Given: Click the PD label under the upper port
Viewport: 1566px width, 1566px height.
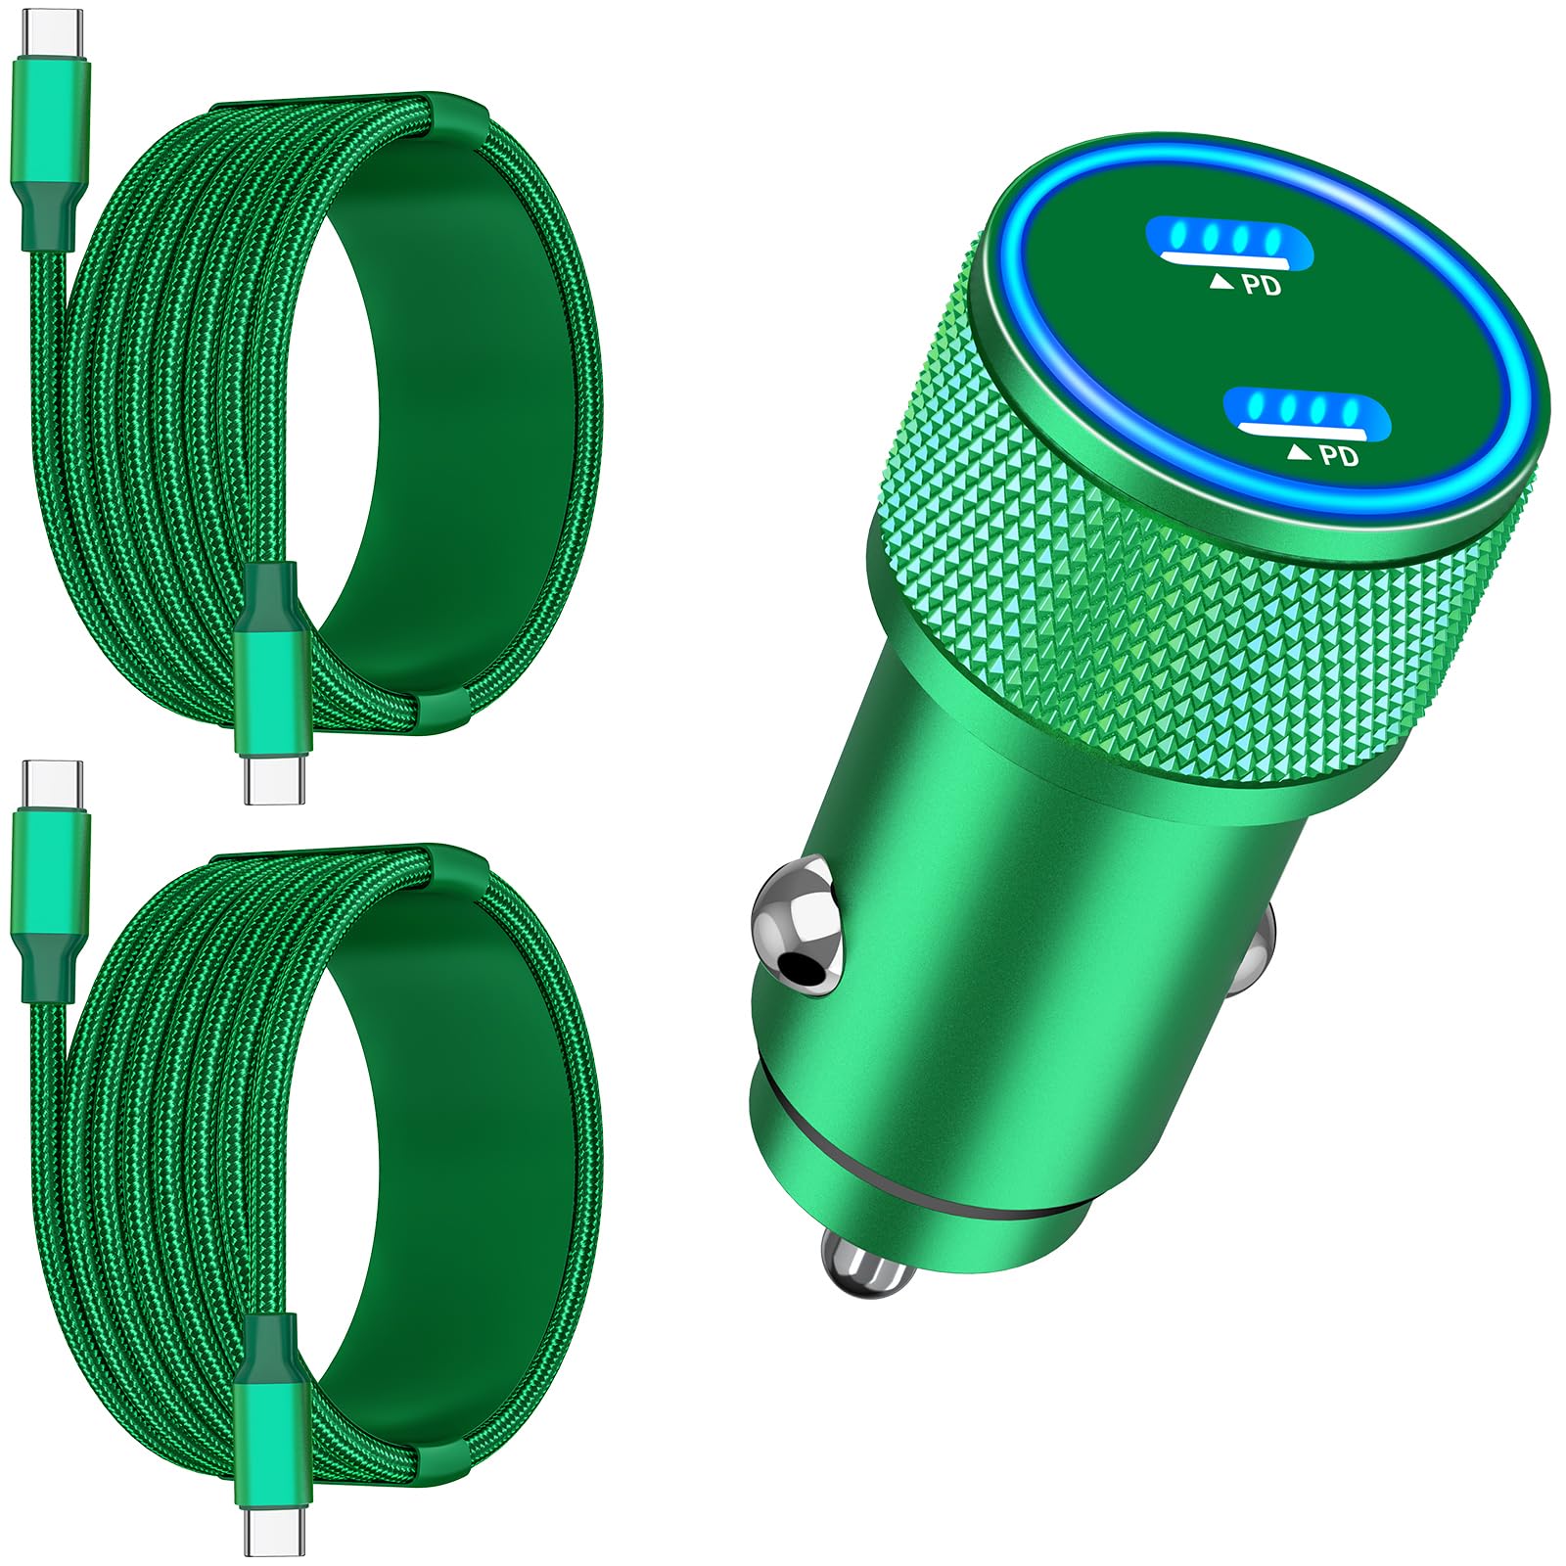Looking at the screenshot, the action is click(x=1262, y=286).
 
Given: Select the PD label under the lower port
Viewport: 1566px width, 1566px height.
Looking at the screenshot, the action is click(x=1339, y=455).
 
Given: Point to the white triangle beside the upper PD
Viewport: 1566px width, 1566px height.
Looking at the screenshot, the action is click(x=1221, y=282).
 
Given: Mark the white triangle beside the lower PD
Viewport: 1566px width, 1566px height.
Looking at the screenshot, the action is click(x=1299, y=451).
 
